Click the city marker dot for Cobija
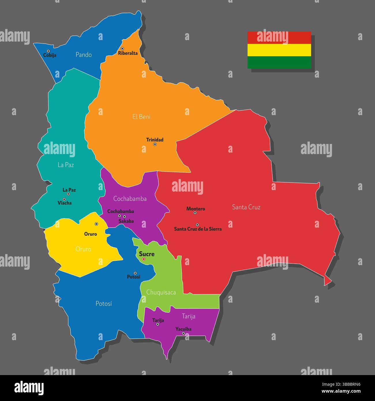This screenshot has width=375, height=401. [x=48, y=51]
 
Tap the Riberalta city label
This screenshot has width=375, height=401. [x=128, y=53]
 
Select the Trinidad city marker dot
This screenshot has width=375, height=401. [x=155, y=144]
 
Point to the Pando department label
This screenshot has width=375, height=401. [x=84, y=55]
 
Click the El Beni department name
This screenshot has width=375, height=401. [x=141, y=117]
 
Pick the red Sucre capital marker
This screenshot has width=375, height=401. [x=144, y=259]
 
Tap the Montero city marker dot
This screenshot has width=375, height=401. [x=195, y=213]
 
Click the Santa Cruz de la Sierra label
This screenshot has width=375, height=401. [x=198, y=229]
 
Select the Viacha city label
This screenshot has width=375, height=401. [x=65, y=203]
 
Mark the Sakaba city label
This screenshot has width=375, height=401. [x=126, y=221]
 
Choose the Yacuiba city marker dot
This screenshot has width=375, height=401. [x=183, y=333]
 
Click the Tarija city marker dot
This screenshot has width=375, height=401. [x=157, y=324]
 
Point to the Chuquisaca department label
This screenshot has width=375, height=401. [x=161, y=292]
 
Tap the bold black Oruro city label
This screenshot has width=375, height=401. [x=91, y=234]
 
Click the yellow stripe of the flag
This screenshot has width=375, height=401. [x=279, y=50]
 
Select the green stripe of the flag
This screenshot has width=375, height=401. [x=279, y=62]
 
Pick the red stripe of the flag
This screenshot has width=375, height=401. [x=279, y=38]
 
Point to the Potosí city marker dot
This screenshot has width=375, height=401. [x=135, y=273]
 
